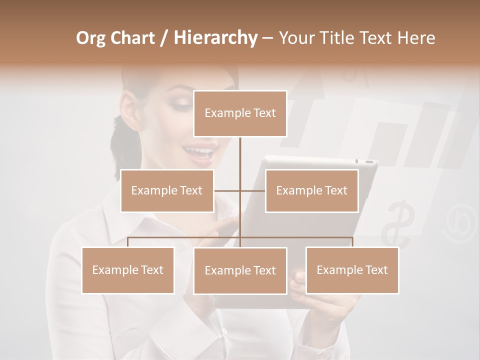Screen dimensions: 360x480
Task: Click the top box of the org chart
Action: point(240,113)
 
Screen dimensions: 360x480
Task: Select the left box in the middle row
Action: point(167,190)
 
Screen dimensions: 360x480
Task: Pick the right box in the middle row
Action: point(311,190)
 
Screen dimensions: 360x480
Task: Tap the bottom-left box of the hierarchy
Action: point(128,270)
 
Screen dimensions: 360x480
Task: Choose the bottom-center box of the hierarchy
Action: point(240,270)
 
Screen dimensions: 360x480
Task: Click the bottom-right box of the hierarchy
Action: point(352,270)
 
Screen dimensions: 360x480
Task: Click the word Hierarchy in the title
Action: point(215,38)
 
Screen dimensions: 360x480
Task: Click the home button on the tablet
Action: point(368,161)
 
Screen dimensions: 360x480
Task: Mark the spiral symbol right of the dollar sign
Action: point(457,220)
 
